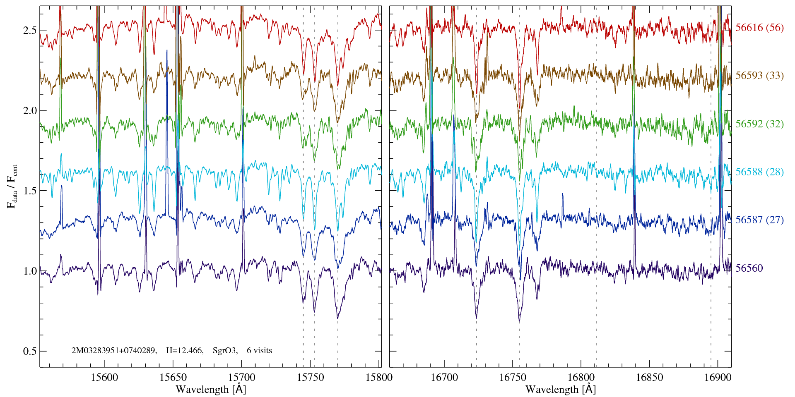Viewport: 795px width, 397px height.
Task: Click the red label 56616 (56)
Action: tap(759, 28)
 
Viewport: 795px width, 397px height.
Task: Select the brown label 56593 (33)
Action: tap(759, 76)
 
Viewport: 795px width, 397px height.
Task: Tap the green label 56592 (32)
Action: tap(759, 124)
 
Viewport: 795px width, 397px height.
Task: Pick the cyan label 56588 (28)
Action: tap(759, 172)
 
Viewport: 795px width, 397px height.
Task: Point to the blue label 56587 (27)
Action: tap(759, 220)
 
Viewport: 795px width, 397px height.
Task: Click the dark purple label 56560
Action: tap(749, 268)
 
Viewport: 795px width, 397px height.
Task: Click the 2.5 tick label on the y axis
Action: tap(30, 30)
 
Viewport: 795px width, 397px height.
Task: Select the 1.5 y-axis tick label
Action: tap(30, 191)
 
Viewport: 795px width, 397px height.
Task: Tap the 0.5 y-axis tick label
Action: tap(30, 351)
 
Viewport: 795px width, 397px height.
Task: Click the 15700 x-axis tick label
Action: tap(242, 377)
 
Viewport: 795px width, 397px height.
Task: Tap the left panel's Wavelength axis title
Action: tap(211, 389)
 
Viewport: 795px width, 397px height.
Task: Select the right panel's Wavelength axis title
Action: tap(561, 389)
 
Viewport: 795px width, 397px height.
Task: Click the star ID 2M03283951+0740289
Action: tap(114, 351)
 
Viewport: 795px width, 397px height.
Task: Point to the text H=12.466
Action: tap(184, 351)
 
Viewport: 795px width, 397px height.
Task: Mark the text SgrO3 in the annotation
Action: tap(225, 351)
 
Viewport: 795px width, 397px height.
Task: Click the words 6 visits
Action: tap(260, 351)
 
